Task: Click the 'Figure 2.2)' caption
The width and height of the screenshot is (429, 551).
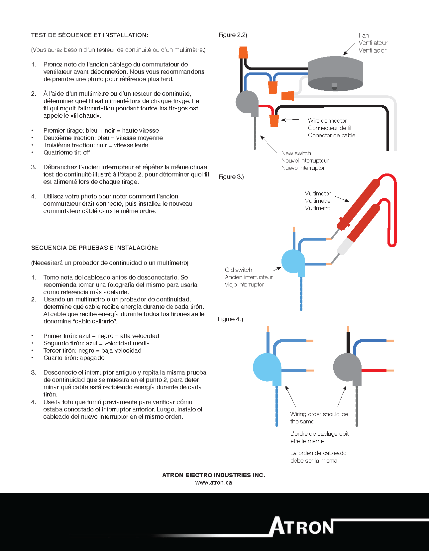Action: [233, 35]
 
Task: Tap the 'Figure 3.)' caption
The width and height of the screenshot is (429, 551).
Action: [231, 177]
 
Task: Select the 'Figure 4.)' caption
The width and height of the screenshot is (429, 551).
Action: [230, 319]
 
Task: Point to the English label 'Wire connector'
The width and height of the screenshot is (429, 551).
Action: [327, 121]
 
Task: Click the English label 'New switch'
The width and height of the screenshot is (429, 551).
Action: [296, 153]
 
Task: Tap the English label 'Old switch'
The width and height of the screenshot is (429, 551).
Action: [238, 270]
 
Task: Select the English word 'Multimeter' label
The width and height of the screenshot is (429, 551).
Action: [317, 193]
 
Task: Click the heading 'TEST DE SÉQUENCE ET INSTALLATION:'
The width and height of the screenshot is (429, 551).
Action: [90, 35]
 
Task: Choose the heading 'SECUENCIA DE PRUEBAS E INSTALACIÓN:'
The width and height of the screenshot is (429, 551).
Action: [94, 248]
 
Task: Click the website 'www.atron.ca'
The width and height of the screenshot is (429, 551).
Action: [213, 483]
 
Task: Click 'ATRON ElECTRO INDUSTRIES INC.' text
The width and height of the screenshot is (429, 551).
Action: [213, 475]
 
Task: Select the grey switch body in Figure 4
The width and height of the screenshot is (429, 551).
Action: [347, 367]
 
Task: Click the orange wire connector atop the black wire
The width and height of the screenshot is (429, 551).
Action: [243, 52]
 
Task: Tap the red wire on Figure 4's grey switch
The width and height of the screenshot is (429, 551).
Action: [374, 370]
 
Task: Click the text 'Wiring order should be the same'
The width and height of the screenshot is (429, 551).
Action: [319, 418]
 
